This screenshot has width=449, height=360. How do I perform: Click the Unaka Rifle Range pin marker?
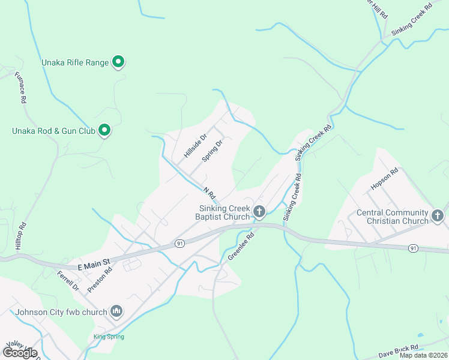[x=118, y=61]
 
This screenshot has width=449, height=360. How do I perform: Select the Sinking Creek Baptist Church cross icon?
[x=259, y=211]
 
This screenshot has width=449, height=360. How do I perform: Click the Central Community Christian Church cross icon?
[x=438, y=215]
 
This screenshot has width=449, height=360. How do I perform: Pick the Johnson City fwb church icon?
[x=116, y=311]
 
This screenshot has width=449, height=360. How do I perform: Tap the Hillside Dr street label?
[x=195, y=146]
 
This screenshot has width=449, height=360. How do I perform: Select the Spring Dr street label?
[x=212, y=151]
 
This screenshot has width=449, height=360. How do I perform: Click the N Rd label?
[x=208, y=193]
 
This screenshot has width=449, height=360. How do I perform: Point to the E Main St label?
[x=95, y=262]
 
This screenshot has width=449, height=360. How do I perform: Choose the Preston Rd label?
[x=100, y=279]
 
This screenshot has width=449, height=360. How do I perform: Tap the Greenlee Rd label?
[x=241, y=246]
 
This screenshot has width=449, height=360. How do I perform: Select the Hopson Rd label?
[x=384, y=179]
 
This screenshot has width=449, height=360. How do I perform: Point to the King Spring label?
[x=109, y=337]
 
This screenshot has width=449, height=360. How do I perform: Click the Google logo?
[x=19, y=352]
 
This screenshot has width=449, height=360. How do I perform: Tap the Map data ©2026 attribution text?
[x=423, y=355]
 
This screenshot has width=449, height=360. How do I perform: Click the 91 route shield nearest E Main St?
[x=179, y=243]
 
